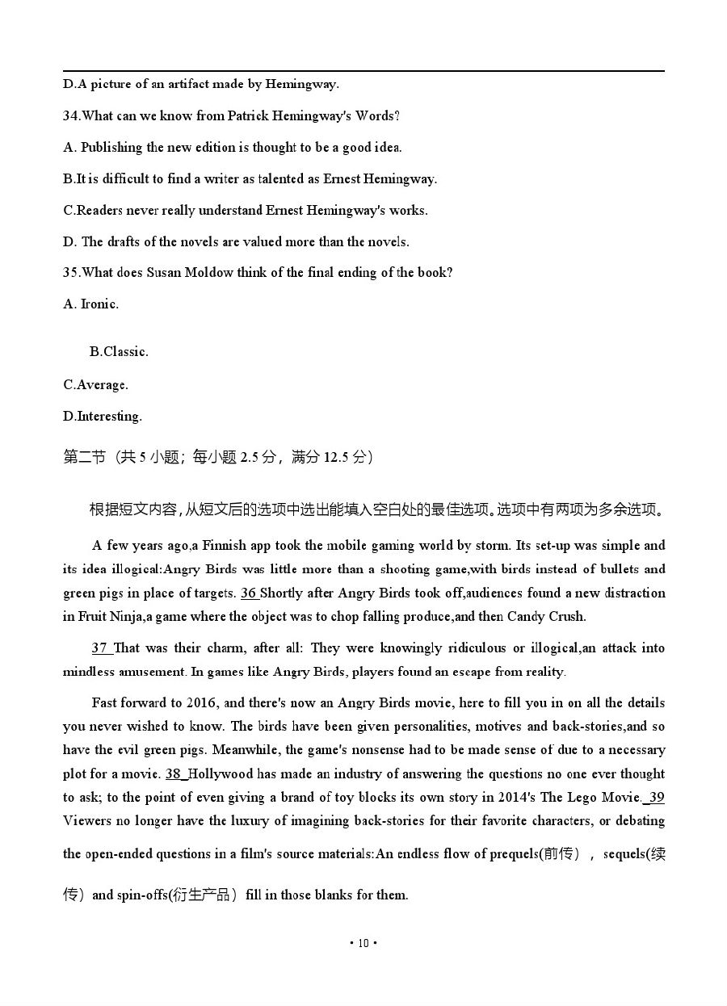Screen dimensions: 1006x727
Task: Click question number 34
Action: point(71,116)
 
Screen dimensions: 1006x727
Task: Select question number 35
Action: point(71,273)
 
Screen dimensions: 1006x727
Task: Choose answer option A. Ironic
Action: point(90,304)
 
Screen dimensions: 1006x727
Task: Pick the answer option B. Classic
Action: point(119,352)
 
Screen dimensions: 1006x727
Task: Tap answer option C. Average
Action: point(95,385)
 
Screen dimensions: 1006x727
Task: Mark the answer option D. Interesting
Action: point(102,417)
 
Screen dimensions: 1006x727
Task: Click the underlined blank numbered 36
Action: point(250,593)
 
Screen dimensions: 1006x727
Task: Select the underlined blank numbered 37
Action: point(101,648)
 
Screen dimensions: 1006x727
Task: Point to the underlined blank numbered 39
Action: point(655,798)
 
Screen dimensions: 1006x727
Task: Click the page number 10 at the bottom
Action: point(363,943)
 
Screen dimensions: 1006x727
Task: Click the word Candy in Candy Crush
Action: point(526,617)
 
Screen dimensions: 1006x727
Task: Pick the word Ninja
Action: point(120,617)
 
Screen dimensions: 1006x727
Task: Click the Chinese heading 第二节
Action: point(84,457)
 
